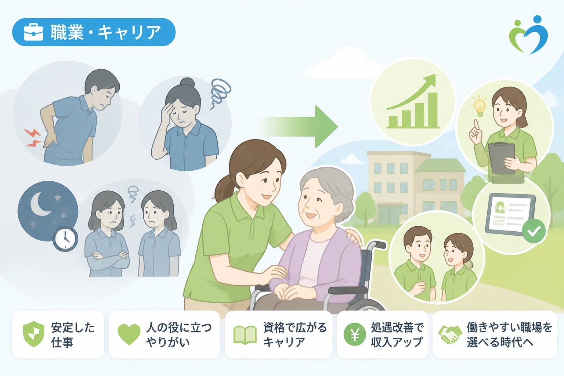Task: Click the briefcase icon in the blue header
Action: click(33, 32)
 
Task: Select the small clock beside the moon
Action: click(65, 238)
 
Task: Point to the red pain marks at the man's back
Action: click(33, 137)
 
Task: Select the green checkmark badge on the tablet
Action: click(534, 231)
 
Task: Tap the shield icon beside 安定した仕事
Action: click(33, 334)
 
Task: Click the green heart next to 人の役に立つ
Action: click(129, 334)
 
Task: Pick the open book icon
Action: click(245, 335)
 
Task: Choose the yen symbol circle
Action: click(354, 334)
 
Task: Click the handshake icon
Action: click(450, 335)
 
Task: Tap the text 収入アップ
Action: click(397, 342)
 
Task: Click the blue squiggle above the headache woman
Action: click(220, 93)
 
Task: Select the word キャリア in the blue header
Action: click(129, 32)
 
